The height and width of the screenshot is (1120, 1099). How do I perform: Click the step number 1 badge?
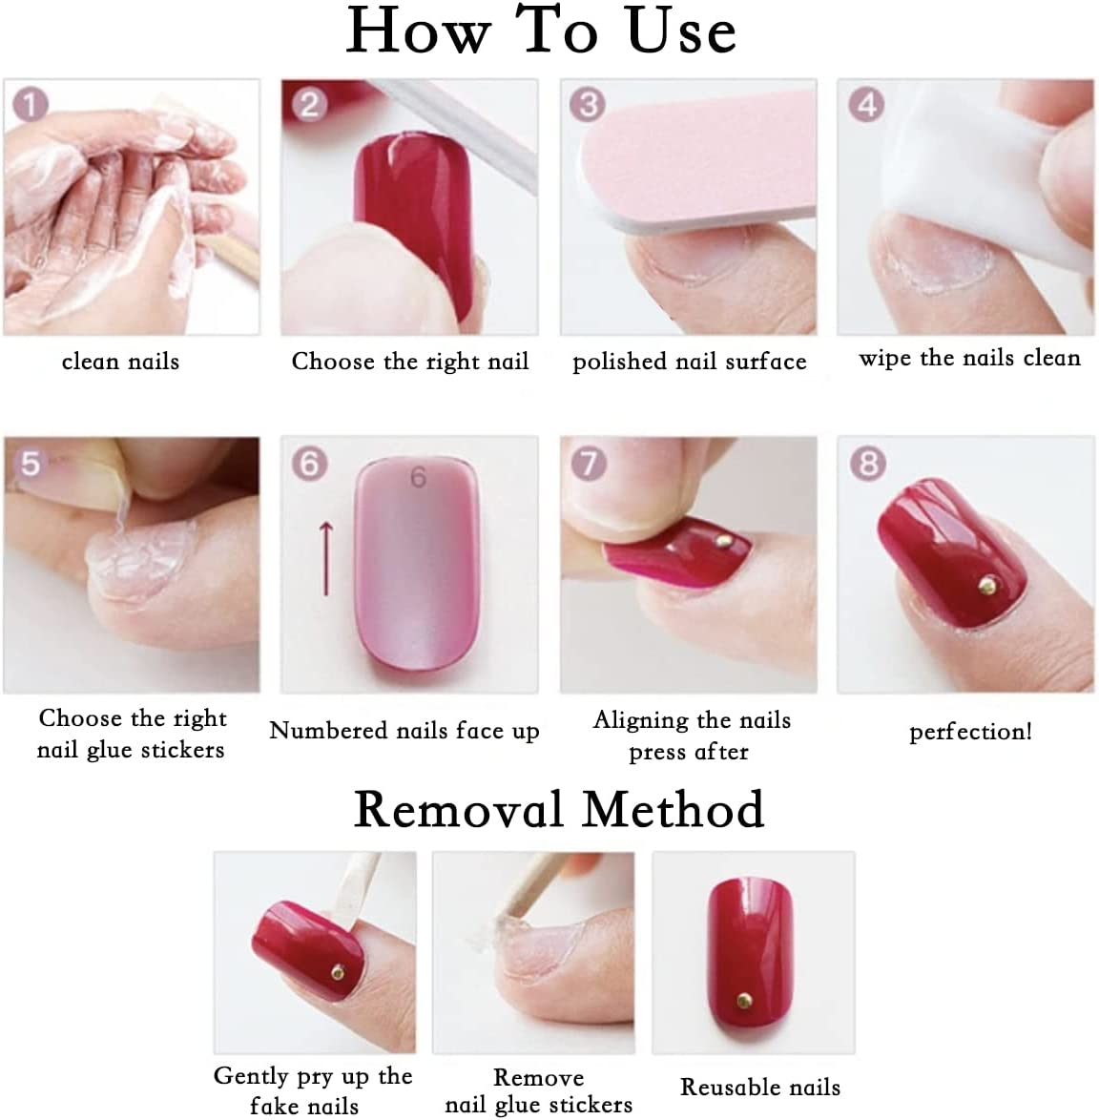coord(30,105)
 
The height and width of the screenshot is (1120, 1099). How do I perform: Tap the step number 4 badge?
coord(866,104)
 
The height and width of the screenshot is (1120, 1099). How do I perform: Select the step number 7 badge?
coord(589,464)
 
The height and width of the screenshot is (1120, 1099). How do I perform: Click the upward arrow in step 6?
coord(326,558)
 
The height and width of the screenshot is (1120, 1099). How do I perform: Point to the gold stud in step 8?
coord(988,587)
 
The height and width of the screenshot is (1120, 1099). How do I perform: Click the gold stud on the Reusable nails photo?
coord(744,999)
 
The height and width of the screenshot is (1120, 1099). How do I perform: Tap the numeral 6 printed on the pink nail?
coord(419,477)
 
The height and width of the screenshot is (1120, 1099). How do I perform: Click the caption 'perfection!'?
coord(970,732)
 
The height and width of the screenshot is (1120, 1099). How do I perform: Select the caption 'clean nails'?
coord(120,362)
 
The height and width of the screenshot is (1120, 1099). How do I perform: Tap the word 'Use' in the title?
coord(681,31)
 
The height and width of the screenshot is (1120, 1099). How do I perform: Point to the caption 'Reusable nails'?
coord(759,1088)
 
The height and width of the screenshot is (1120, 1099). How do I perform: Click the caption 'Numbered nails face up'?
coord(404,731)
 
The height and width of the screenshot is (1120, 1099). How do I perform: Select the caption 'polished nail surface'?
coord(689,362)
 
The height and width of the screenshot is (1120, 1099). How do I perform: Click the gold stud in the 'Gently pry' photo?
coord(337,972)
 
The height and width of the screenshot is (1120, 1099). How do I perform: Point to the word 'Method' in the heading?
coord(673,810)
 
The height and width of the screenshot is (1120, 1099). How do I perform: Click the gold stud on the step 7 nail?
coord(723,541)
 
